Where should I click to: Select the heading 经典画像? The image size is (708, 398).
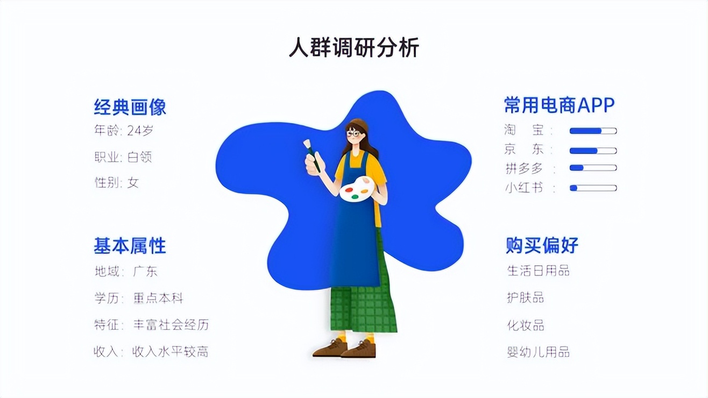tap(130, 106)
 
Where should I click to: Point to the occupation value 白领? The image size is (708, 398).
tap(140, 157)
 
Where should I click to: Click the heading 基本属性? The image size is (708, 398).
tap(130, 246)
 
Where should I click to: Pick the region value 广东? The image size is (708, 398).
tap(145, 272)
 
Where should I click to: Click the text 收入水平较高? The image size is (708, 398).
tap(171, 352)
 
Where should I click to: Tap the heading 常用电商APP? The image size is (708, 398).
tap(559, 105)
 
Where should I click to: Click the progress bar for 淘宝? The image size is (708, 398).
tap(593, 131)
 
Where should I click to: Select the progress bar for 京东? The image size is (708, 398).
tap(593, 151)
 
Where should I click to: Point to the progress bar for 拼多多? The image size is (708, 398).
tap(593, 168)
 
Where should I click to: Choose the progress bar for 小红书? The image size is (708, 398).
tap(593, 188)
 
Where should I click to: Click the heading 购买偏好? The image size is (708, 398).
tap(542, 245)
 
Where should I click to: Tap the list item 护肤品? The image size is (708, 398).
tap(526, 297)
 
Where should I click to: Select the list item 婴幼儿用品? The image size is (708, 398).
tap(539, 352)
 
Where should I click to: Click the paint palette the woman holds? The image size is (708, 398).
tap(357, 189)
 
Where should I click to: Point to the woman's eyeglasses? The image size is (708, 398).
tap(353, 133)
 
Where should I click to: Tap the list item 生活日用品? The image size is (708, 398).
tap(539, 271)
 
